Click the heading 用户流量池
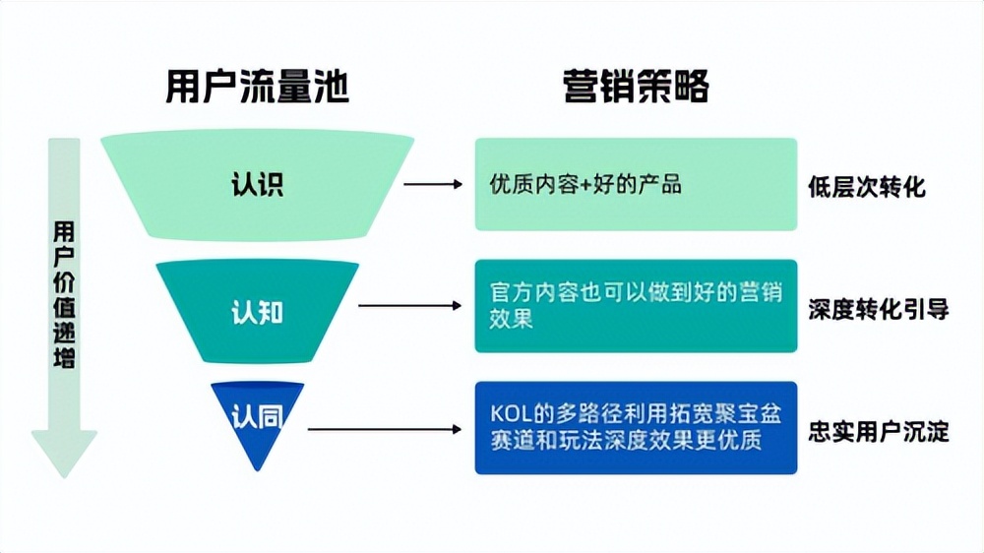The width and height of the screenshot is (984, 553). coord(257,88)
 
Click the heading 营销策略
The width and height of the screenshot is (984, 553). coord(636,88)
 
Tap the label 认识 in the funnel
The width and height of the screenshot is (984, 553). coord(257,184)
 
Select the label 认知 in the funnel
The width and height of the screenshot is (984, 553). coord(257,313)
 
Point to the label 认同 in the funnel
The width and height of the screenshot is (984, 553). coord(257,417)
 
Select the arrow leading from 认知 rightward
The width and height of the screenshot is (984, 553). coord(409,306)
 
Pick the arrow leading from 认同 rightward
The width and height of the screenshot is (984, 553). coord(384,429)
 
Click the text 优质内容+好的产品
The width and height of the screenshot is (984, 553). coord(585,184)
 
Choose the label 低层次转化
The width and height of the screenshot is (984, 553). coord(866,187)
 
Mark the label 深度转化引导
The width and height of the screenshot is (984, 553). coord(878,309)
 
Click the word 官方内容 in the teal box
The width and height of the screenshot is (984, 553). coord(527,294)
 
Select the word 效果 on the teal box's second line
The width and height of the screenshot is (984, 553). coord(511,320)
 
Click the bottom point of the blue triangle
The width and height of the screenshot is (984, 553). coord(257,469)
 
